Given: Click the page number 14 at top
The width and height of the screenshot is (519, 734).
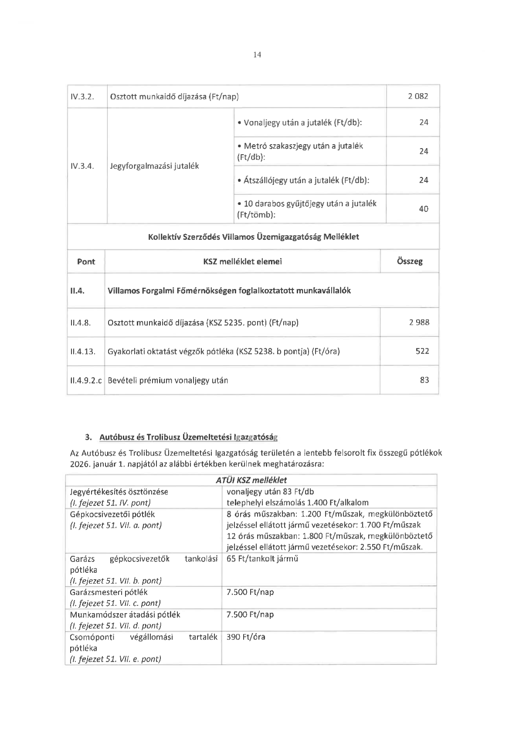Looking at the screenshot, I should (257, 54).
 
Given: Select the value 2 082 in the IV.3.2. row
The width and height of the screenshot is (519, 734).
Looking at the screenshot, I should (418, 96).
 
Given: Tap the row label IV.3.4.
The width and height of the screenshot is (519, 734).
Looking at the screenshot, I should (82, 166).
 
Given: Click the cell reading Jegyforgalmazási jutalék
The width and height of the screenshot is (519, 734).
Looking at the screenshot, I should (154, 166).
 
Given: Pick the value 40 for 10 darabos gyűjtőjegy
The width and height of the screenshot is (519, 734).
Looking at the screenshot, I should (424, 209).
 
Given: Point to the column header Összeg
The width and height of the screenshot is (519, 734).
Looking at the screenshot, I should (410, 262).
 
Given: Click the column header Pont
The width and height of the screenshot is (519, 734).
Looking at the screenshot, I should (86, 262).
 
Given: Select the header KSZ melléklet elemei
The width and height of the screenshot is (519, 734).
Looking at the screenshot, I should (242, 262).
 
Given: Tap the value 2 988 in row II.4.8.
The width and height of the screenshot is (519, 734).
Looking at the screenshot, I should (419, 322).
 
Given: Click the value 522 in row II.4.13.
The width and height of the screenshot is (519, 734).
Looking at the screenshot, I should (422, 351).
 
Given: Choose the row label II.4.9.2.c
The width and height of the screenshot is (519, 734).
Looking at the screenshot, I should (86, 380).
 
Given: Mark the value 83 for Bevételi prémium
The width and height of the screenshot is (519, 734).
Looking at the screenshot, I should (424, 380).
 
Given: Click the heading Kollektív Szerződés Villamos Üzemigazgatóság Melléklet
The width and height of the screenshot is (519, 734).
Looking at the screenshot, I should (254, 237).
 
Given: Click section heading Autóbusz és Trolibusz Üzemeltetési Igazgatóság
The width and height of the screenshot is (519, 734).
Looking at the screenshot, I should (189, 437).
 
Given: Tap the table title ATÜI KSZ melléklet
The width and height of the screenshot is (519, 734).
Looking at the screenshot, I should (251, 480).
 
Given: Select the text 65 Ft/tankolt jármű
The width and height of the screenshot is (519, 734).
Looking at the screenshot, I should (262, 559).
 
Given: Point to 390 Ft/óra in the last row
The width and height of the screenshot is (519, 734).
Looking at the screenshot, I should (246, 637).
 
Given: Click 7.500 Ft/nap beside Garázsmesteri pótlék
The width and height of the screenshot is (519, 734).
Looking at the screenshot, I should (250, 592).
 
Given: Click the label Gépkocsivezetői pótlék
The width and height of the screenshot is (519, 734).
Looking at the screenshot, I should (112, 514).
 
